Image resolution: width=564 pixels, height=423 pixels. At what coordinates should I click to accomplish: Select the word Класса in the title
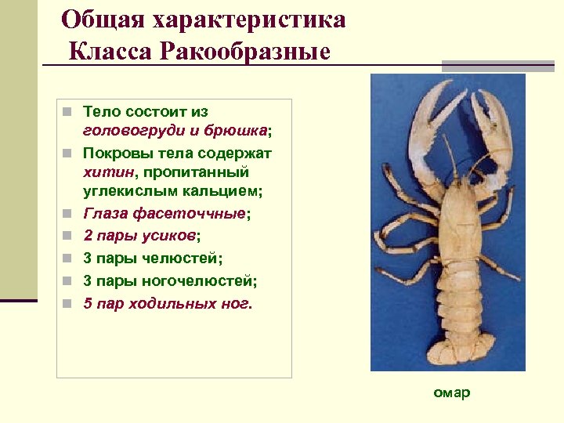tap(112, 52)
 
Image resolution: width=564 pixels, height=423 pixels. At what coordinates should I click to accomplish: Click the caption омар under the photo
tap(452, 392)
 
